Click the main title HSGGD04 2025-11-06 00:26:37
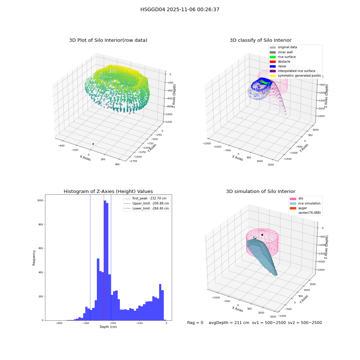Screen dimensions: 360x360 (180, 9)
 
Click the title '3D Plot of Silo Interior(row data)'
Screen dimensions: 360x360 (108, 40)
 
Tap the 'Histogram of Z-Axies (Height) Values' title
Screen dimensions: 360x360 (108, 191)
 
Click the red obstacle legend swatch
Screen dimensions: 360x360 (273, 62)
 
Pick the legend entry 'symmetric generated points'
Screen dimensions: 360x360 (295, 76)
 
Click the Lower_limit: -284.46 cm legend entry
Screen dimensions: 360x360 (147, 208)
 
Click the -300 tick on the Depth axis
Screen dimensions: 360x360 (86, 323)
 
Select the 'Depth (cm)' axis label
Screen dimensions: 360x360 (108, 327)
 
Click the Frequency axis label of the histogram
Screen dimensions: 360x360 (34, 258)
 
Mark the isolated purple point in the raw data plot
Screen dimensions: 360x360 (93, 144)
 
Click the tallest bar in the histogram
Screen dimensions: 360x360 (105, 260)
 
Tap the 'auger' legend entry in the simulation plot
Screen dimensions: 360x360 (298, 208)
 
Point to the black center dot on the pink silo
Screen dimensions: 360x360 (262, 235)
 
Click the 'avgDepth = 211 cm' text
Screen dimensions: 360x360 (229, 323)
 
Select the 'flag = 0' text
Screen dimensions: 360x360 (195, 323)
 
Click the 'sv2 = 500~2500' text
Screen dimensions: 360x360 (305, 323)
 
